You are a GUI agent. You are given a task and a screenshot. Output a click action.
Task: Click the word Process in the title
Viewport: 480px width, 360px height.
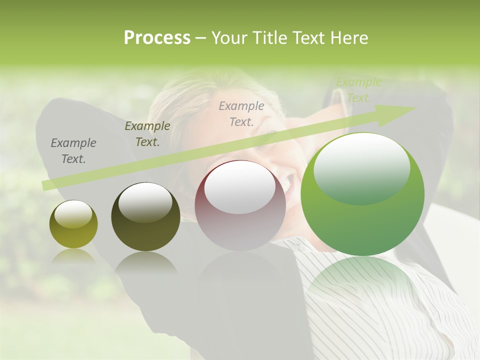point(157,38)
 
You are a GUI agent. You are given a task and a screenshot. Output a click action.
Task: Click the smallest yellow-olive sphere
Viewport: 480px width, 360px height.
point(73,224)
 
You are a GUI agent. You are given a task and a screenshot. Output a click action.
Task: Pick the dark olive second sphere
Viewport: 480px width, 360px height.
point(145,216)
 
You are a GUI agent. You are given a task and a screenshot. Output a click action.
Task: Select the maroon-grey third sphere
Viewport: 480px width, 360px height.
point(240,205)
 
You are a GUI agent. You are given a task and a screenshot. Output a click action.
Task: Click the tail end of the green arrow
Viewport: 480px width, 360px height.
point(45,185)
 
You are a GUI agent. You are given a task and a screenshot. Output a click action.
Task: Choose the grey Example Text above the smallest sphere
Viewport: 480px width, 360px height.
point(73,151)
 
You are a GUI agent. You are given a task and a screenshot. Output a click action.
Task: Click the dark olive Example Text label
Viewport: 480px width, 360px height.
point(147,134)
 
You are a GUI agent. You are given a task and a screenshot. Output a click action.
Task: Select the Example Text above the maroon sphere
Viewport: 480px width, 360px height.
point(241,113)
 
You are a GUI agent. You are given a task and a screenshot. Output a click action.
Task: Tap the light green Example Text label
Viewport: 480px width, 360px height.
point(358,90)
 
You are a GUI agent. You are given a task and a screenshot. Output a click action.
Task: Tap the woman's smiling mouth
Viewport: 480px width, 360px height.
point(288,184)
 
